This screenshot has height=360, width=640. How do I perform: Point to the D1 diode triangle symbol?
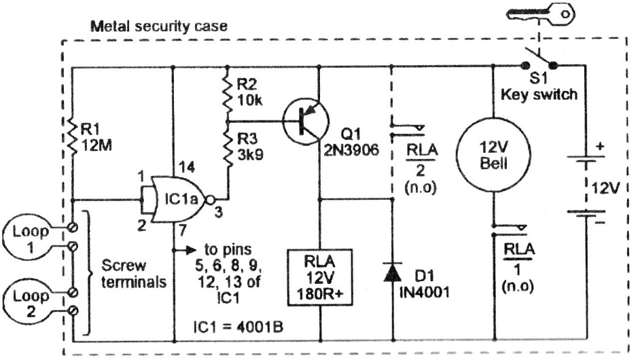[392, 272]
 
